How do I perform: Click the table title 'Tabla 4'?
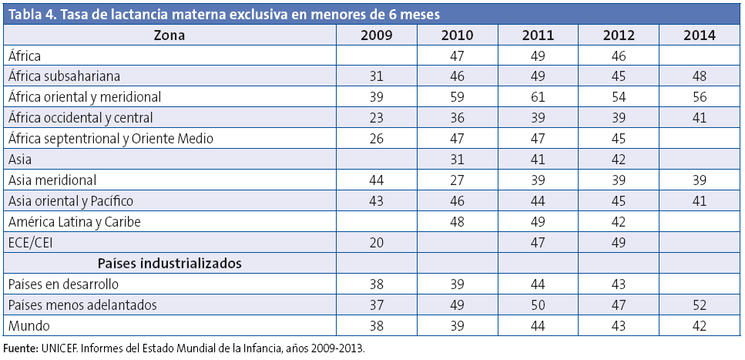pos(32,14)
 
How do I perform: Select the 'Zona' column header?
pos(169,35)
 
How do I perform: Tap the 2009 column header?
pos(376,35)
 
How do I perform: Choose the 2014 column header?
pos(699,35)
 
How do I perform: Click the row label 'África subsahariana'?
pos(65,76)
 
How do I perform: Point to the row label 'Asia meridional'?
pos(52,180)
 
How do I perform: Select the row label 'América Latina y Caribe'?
pos(75,221)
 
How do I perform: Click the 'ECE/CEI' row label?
pos(30,242)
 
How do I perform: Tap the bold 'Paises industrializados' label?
pos(169,263)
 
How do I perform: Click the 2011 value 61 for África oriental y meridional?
pos(537,97)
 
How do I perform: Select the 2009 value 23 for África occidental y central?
pos(376,118)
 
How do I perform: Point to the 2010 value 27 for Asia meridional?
pos(457,180)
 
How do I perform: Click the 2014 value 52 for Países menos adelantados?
pos(699,304)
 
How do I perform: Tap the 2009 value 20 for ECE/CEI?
pos(376,242)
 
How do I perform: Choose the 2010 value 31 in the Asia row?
pos(457,160)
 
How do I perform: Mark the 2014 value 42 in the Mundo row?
pos(699,325)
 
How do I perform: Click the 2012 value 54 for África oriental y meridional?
pos(618,97)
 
